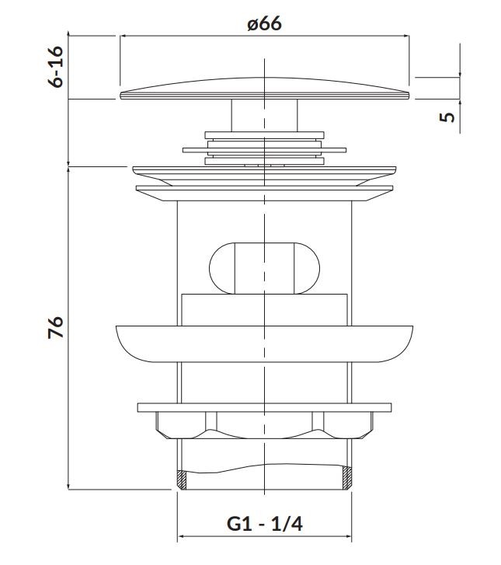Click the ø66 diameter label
click(x=264, y=24)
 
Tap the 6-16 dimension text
click(x=56, y=67)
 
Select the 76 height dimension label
click(x=56, y=327)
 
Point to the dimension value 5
click(x=447, y=117)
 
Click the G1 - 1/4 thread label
click(x=265, y=524)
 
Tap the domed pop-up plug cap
click(x=265, y=89)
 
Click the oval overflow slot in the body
click(x=264, y=268)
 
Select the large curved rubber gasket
click(x=264, y=344)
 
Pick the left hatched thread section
click(x=182, y=480)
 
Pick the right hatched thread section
click(x=347, y=478)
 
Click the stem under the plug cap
click(x=264, y=115)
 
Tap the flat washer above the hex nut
click(x=264, y=407)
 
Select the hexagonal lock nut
click(x=264, y=425)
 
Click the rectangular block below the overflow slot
click(x=264, y=310)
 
